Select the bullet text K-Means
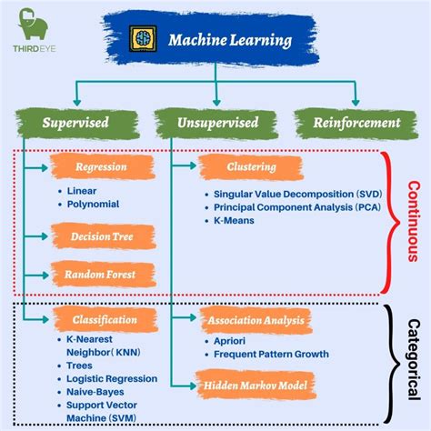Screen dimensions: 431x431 pos(235,221)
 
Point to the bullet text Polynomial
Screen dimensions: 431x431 pos(94,205)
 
